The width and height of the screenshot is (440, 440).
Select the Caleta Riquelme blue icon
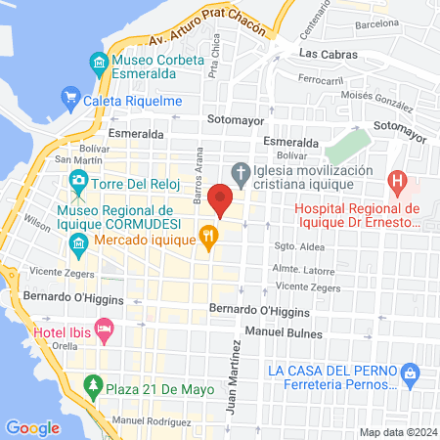pos(69,97)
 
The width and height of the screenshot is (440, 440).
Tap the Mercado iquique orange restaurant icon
pos(207,236)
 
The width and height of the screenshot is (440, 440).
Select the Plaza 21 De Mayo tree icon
pos(94,385)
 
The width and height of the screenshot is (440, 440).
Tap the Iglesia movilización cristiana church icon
pos(242,169)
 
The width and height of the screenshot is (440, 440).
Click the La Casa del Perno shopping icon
pos(410,372)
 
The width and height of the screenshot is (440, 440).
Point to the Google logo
pos(32,427)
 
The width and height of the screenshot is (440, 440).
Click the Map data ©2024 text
pos(397,431)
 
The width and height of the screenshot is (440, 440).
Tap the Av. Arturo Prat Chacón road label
pos(185,27)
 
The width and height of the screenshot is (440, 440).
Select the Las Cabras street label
pos(326,54)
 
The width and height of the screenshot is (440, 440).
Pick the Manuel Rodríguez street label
pos(153,420)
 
